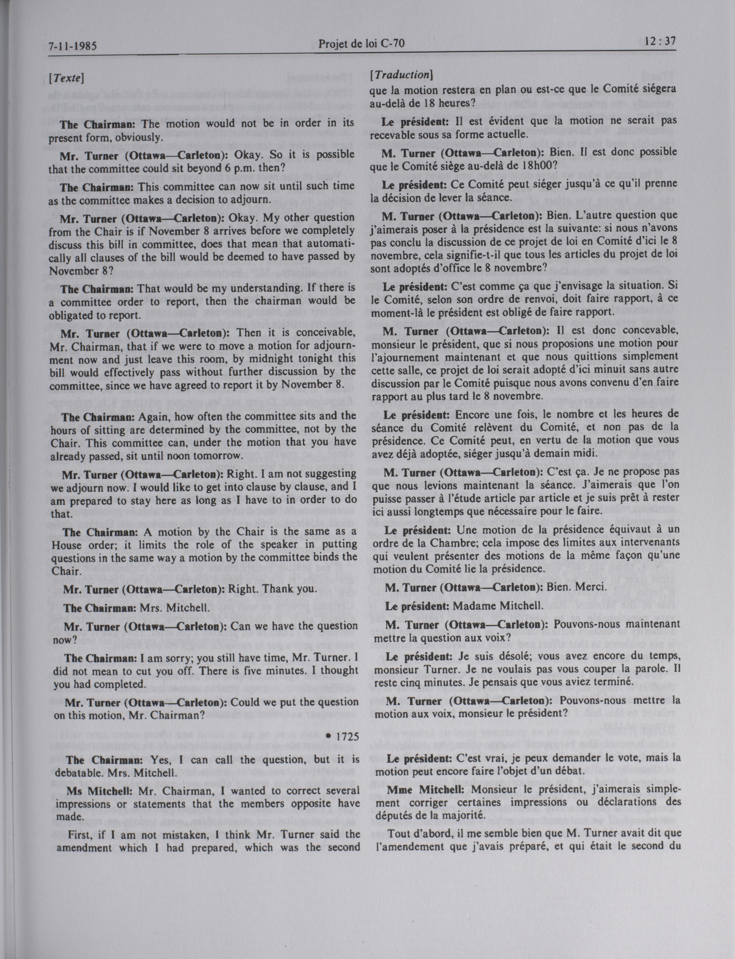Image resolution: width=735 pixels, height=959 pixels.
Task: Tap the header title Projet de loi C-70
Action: click(361, 43)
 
